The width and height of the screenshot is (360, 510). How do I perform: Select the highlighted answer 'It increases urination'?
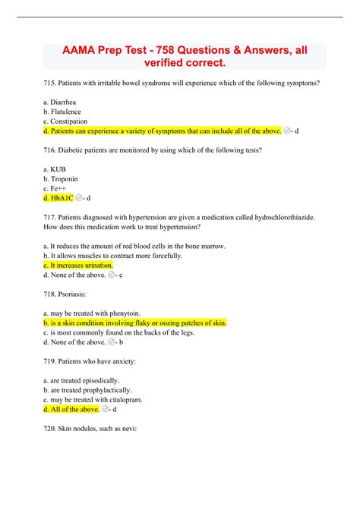click(81, 266)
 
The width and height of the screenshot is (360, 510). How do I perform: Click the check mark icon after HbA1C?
click(80, 199)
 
